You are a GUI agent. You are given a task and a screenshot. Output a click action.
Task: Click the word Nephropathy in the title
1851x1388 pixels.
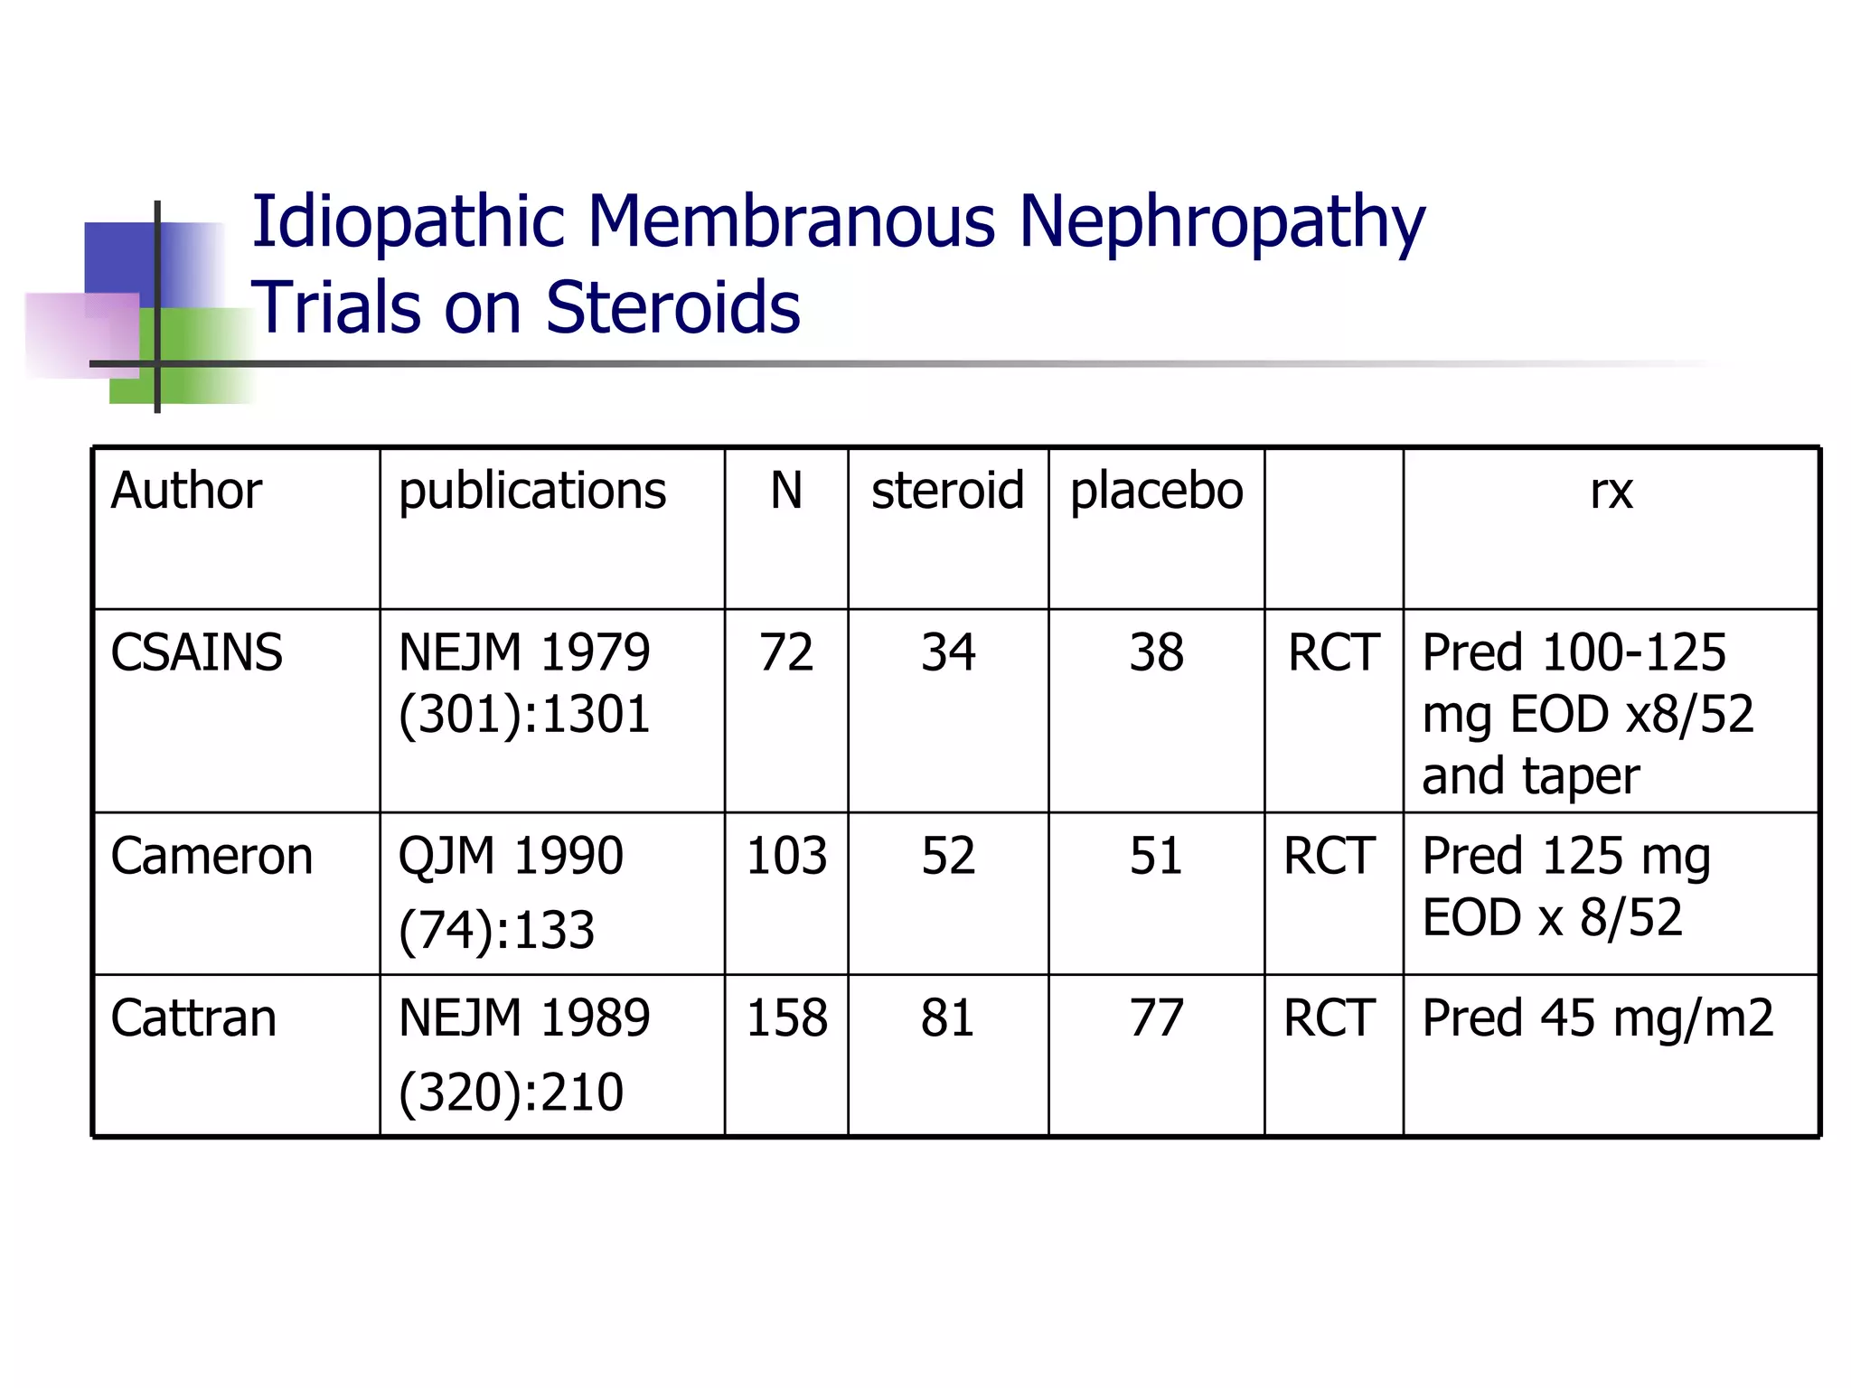(1221, 222)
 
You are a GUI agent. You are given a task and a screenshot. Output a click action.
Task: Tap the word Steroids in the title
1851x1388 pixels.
(672, 308)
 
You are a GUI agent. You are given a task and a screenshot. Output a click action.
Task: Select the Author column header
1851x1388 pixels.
(186, 492)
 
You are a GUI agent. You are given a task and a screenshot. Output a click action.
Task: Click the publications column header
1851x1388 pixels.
(532, 492)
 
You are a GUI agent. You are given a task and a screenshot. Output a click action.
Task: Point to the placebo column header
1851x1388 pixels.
(1156, 492)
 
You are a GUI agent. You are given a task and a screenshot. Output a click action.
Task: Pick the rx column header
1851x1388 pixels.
(1611, 492)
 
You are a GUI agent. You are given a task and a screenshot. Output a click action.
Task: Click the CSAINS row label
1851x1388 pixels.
(196, 652)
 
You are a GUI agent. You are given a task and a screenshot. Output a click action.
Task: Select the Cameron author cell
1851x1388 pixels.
(211, 856)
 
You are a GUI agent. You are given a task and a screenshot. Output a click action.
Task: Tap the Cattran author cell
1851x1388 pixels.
(193, 1018)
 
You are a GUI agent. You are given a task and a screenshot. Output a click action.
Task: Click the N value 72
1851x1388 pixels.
(786, 652)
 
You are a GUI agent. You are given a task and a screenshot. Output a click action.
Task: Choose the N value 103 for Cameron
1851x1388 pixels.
(786, 856)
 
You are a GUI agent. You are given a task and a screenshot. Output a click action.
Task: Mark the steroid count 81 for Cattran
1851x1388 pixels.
(947, 1018)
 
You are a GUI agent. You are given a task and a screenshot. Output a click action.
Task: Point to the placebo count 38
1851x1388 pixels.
(1156, 652)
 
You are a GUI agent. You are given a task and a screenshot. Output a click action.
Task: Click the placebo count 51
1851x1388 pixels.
(1156, 856)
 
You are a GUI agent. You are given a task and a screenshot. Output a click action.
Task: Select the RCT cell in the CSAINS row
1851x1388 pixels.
(1333, 652)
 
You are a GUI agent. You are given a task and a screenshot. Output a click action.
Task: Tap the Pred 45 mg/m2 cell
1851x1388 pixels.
(1598, 1018)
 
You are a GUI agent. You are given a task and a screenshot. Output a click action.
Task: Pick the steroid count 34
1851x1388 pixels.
(947, 652)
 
